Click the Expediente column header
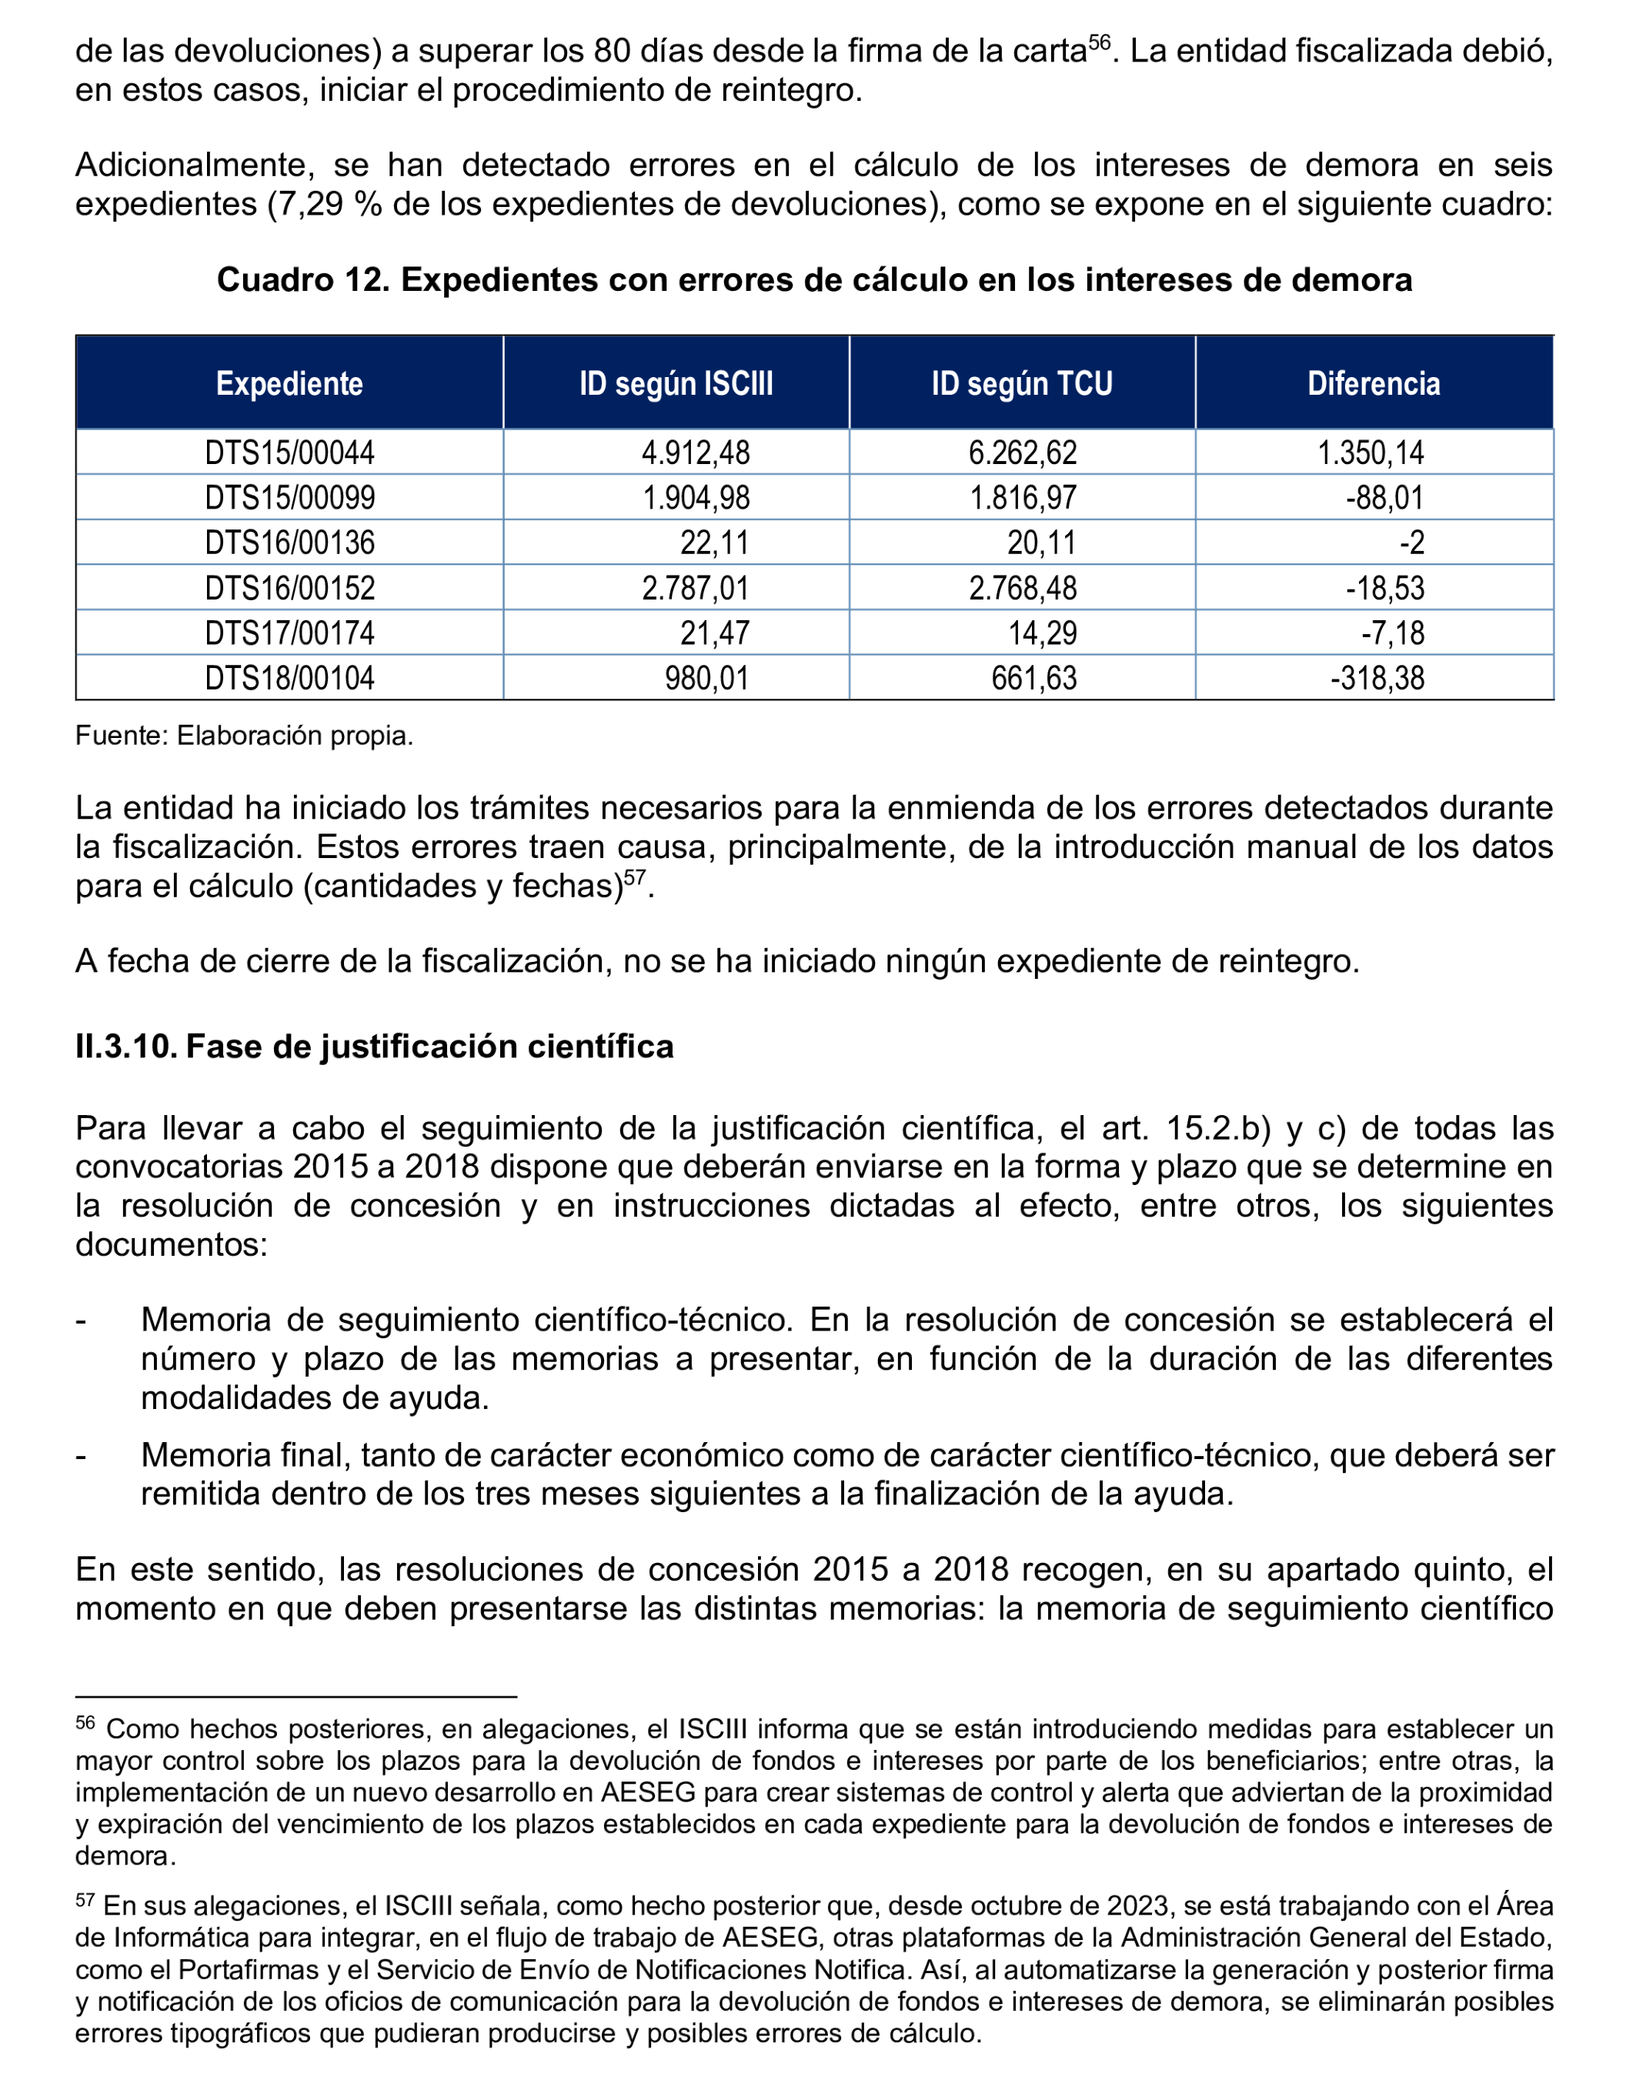point(289,383)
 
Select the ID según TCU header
point(1021,383)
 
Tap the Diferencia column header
point(1373,383)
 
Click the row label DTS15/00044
point(289,452)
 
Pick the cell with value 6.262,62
point(1022,452)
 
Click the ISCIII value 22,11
point(715,543)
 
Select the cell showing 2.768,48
point(1022,587)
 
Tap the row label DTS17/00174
point(289,633)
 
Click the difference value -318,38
point(1377,677)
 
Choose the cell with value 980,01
point(707,677)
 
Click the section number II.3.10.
point(125,1046)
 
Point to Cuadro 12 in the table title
point(302,280)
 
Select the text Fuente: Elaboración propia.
point(244,736)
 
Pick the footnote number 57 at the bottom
point(85,1897)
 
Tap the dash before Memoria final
point(82,1455)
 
